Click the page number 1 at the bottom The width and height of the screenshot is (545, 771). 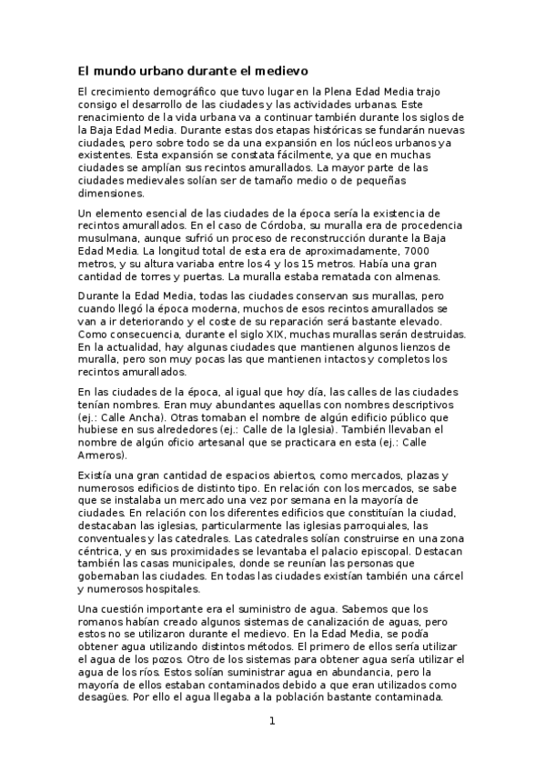pyautogui.click(x=271, y=722)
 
